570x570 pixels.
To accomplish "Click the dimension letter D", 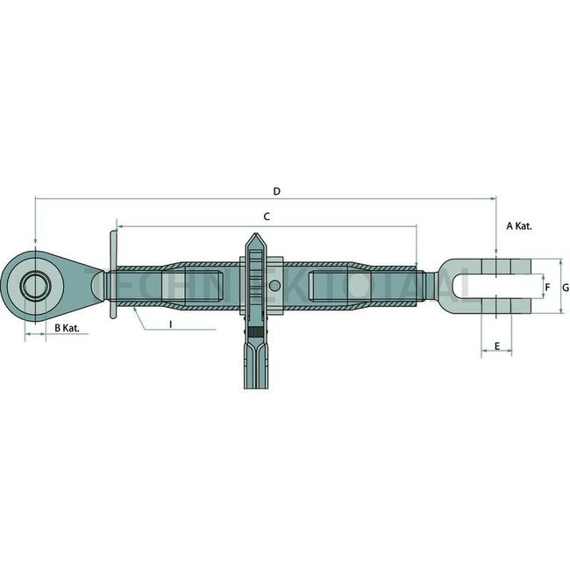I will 276,190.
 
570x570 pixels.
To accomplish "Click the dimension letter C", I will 267,216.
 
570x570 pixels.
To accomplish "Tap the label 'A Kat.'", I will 519,225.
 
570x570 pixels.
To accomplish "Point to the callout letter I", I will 170,324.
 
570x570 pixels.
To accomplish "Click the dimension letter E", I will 496,346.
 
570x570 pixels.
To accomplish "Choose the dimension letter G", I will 566,287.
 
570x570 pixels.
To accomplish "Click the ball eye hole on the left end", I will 36,287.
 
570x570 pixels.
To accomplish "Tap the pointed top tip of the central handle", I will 253,236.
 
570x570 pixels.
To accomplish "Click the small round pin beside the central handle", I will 274,287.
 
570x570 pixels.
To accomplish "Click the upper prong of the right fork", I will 495,264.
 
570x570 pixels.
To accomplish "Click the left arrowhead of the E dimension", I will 484,354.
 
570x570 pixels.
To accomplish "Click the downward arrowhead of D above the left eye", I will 36,245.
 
